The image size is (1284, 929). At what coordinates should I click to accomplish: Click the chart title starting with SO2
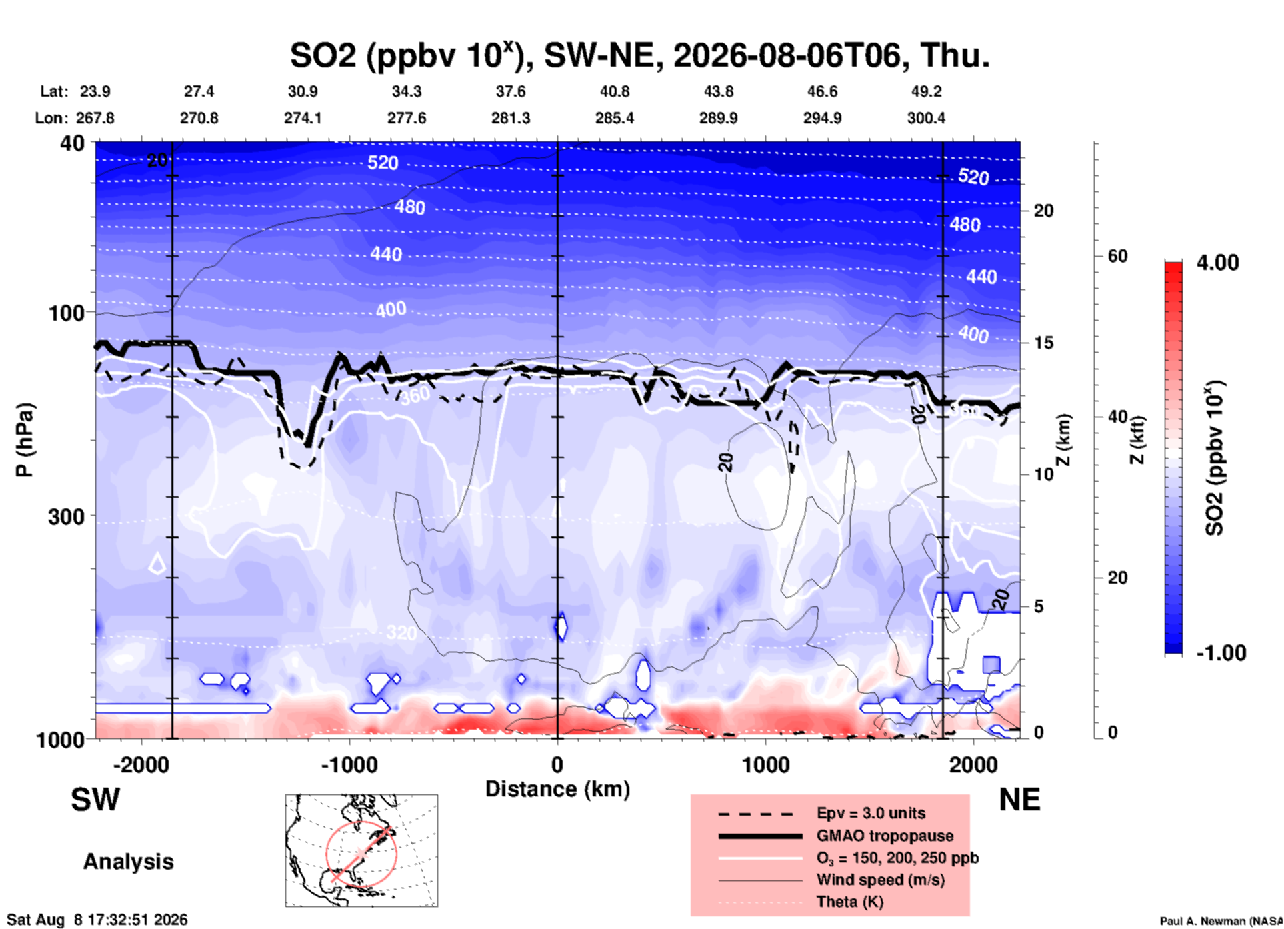pyautogui.click(x=639, y=55)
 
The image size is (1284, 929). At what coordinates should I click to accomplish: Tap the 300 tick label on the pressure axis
pyautogui.click(x=67, y=516)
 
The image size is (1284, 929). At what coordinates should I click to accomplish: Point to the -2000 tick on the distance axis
pyautogui.click(x=141, y=764)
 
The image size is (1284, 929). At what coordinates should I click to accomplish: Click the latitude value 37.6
pyautogui.click(x=511, y=91)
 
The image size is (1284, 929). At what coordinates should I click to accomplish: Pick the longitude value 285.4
pyautogui.click(x=615, y=118)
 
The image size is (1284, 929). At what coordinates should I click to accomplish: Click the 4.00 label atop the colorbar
pyautogui.click(x=1217, y=262)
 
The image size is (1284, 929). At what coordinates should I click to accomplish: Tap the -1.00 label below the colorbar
pyautogui.click(x=1221, y=652)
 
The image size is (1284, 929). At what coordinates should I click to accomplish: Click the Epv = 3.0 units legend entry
pyautogui.click(x=821, y=813)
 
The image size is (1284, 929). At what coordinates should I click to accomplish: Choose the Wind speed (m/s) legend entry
pyautogui.click(x=831, y=880)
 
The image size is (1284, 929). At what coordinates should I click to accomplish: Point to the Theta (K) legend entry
pyautogui.click(x=801, y=902)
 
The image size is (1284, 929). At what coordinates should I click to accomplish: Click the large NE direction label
pyautogui.click(x=1019, y=800)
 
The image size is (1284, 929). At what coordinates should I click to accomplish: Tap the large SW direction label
pyautogui.click(x=95, y=800)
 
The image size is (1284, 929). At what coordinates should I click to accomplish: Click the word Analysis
pyautogui.click(x=128, y=862)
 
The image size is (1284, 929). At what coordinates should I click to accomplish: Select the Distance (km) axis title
pyautogui.click(x=557, y=789)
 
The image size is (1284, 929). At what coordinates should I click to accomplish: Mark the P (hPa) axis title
pyautogui.click(x=25, y=440)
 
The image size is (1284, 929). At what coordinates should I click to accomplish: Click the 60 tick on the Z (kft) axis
pyautogui.click(x=1117, y=256)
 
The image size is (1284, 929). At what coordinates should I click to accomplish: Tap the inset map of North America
pyautogui.click(x=361, y=850)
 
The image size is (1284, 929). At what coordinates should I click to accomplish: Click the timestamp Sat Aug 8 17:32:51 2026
pyautogui.click(x=97, y=920)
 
